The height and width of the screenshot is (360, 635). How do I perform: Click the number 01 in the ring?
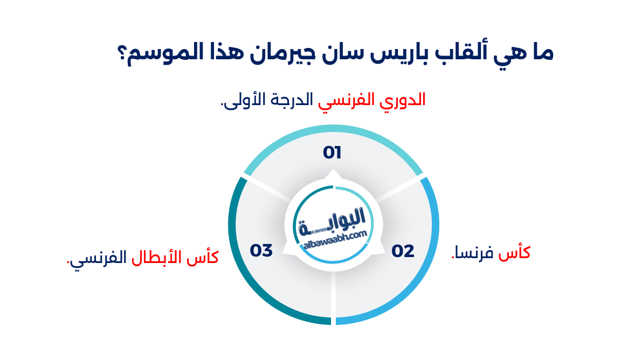(332, 153)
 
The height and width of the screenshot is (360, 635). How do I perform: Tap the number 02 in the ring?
(403, 251)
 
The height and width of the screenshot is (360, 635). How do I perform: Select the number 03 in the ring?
(261, 251)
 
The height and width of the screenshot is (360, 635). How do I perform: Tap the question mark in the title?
(122, 54)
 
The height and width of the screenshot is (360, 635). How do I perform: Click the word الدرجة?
(294, 100)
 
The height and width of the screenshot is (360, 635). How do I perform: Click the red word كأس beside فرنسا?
(515, 252)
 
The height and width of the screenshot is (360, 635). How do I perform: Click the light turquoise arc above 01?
(333, 130)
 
